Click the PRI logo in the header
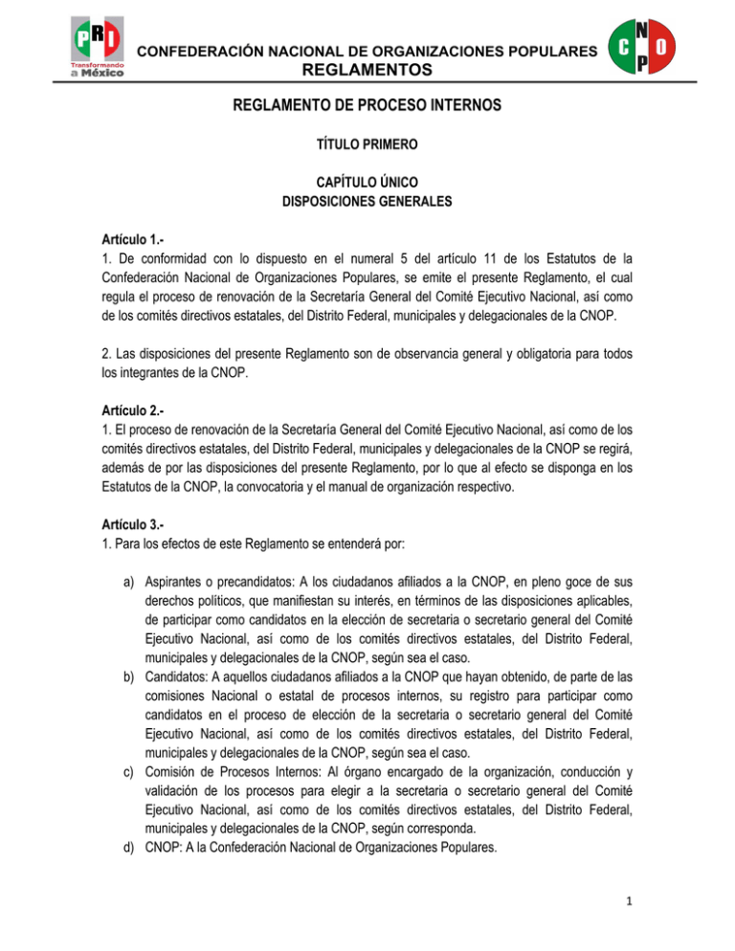(x=93, y=37)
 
